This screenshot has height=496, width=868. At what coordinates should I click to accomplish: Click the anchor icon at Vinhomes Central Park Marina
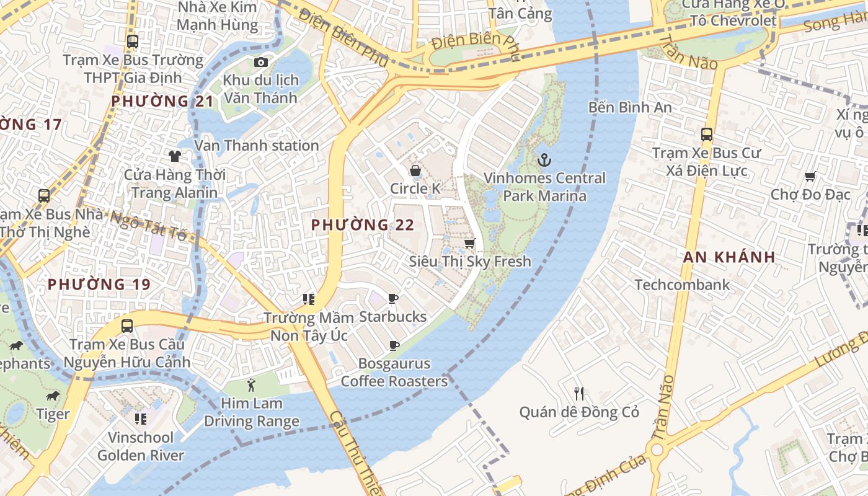(544, 160)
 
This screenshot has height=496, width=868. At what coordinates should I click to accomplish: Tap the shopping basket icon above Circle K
(415, 170)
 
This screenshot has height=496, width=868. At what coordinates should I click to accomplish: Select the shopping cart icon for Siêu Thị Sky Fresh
(470, 243)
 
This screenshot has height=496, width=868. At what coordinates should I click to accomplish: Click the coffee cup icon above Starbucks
(393, 299)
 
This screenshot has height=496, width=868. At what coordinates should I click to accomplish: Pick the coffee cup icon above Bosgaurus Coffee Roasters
(394, 345)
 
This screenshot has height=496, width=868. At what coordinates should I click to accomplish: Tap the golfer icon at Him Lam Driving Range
(251, 385)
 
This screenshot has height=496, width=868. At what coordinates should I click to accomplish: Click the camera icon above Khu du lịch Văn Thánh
(261, 62)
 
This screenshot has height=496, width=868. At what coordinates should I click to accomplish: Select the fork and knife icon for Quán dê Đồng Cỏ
(579, 394)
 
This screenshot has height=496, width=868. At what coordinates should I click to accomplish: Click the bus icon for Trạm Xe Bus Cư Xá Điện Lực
(706, 134)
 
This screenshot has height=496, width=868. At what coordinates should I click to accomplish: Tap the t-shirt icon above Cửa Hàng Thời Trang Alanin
(174, 156)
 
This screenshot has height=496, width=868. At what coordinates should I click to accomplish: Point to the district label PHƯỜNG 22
(363, 225)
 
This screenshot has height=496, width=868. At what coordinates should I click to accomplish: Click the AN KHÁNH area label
(729, 257)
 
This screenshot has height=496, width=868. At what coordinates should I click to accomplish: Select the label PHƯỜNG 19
(99, 285)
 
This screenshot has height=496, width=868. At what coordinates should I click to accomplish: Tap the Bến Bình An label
(630, 107)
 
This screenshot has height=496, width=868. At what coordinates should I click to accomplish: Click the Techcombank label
(682, 285)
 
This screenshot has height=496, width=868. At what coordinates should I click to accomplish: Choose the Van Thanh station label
(257, 146)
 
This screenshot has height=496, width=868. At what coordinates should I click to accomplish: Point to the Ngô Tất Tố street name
(149, 226)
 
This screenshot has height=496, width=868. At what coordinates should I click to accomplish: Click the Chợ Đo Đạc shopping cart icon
(810, 177)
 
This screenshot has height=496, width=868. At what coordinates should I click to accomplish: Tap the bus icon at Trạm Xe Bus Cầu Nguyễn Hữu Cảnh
(127, 325)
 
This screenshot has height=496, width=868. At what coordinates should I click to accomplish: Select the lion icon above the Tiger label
(53, 396)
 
